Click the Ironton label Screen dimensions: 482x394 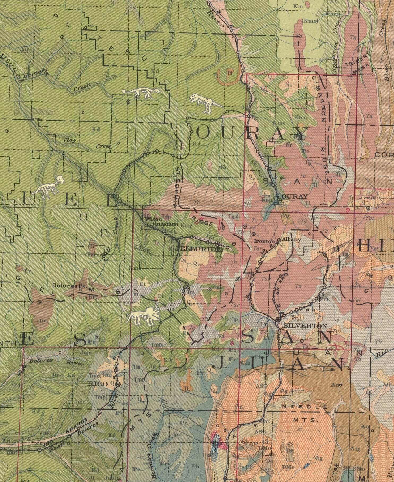point(264,242)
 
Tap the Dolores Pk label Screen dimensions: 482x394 point(67,286)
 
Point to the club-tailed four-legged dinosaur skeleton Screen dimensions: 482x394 point(141,93)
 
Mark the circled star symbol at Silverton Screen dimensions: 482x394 point(278,320)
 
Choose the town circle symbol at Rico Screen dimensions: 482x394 point(118,384)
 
